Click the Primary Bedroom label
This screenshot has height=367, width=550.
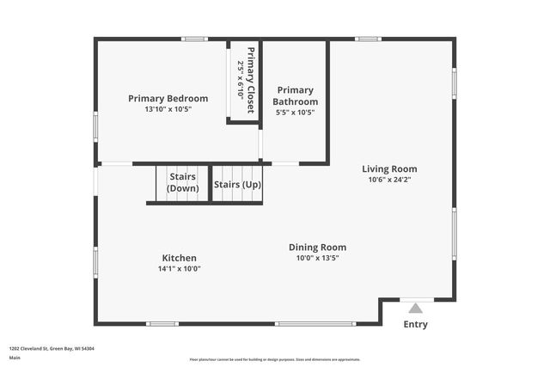pos(168,98)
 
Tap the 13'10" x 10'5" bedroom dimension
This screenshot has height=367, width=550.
pos(168,109)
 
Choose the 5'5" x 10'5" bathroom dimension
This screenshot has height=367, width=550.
pos(295,113)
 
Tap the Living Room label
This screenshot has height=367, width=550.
pos(389,168)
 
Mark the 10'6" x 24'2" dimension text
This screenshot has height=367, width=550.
pos(389,180)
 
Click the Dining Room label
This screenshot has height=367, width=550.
pos(317,247)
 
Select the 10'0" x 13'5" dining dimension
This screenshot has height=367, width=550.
pos(317,258)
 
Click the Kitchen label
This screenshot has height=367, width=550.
pos(180,258)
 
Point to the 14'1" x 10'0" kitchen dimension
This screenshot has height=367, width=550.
pos(180,269)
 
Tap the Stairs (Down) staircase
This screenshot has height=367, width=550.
pos(182,182)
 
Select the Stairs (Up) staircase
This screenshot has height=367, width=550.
pos(237,184)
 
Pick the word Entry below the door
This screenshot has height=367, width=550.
pos(416,325)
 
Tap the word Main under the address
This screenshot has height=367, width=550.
pos(15,358)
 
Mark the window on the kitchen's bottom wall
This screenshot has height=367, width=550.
pos(315,324)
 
